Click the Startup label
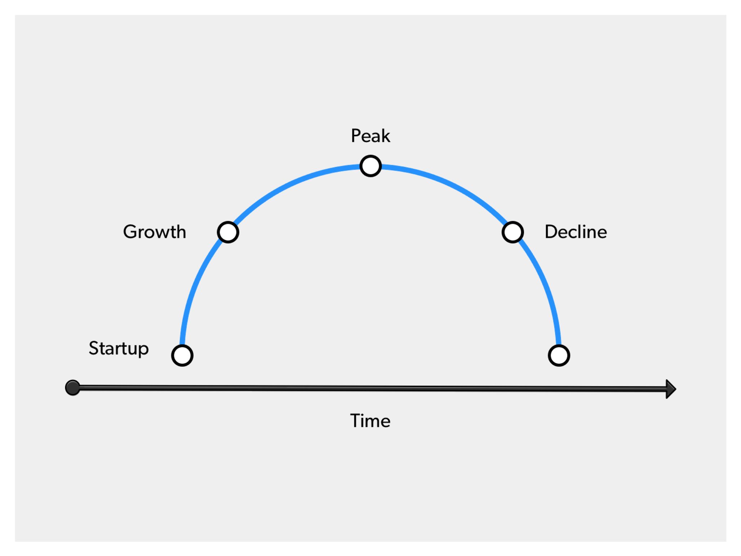[x=119, y=349]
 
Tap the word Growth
[x=155, y=231]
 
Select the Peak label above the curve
[x=370, y=136]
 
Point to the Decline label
[x=576, y=231]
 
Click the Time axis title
[x=370, y=421]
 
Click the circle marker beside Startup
[x=182, y=356]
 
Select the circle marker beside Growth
[x=228, y=232]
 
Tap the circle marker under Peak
[x=370, y=166]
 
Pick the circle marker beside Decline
[x=513, y=232]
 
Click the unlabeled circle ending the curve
[x=559, y=356]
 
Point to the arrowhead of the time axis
[x=671, y=389]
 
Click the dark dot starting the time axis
[x=73, y=388]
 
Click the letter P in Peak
[x=356, y=136]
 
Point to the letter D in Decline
[x=551, y=231]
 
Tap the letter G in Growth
[x=130, y=231]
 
